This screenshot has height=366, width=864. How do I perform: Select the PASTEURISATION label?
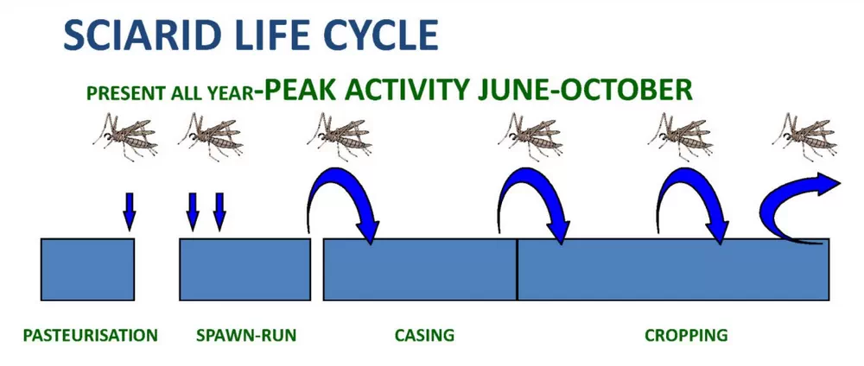(91, 335)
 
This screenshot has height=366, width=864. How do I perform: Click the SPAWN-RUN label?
(245, 335)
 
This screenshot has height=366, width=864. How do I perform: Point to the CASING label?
(424, 335)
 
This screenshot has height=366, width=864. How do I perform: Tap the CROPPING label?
(686, 335)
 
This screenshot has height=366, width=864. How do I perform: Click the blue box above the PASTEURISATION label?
(87, 269)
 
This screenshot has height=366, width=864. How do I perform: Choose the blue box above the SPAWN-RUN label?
(245, 269)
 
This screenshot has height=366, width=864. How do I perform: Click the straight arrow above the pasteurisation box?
(129, 211)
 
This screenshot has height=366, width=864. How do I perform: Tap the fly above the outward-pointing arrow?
(805, 137)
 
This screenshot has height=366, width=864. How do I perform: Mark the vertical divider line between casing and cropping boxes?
(517, 269)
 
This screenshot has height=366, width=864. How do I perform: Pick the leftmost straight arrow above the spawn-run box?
(192, 211)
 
